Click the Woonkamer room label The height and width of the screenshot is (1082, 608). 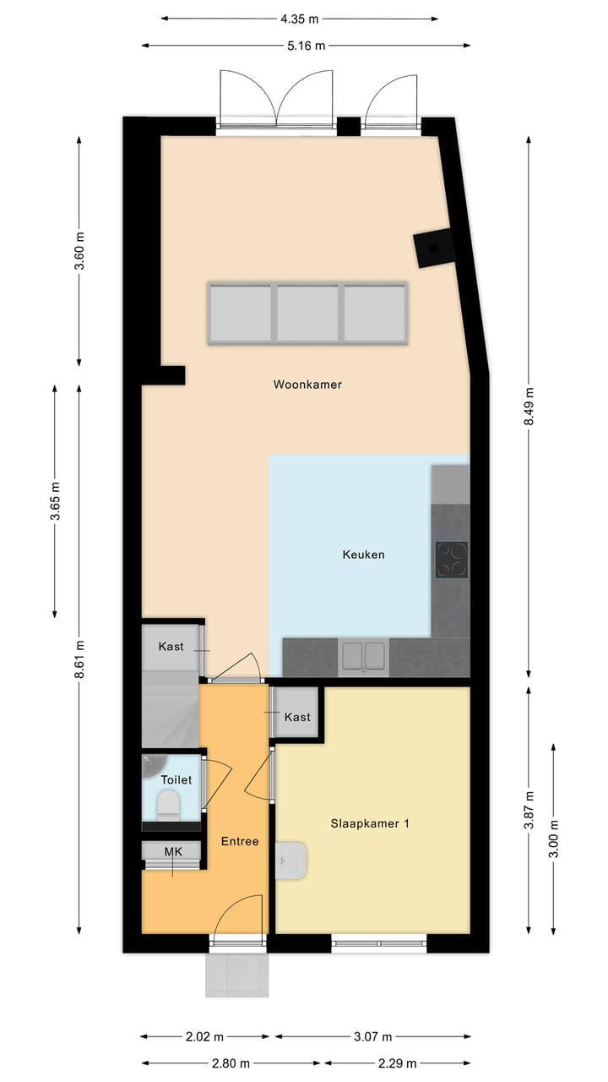click(307, 385)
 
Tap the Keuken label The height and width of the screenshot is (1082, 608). click(363, 555)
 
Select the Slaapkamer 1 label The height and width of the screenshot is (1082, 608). click(370, 823)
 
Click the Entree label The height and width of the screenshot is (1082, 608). click(240, 841)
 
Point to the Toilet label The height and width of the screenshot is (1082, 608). click(176, 780)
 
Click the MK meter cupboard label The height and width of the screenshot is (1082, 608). click(173, 851)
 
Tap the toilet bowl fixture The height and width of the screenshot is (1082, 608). click(168, 805)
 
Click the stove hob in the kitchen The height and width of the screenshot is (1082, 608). click(451, 559)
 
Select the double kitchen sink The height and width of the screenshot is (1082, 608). click(363, 657)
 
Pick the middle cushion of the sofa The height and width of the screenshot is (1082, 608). click(307, 313)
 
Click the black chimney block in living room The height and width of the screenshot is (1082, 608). click(434, 249)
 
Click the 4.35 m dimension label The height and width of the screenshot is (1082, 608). click(301, 18)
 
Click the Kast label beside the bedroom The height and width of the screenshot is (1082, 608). click(297, 717)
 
